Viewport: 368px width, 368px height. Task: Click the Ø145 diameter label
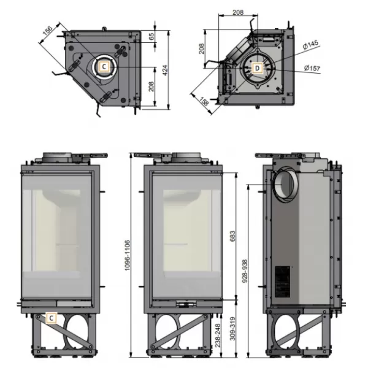[x=311, y=44]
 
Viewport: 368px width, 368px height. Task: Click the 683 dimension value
[x=232, y=236]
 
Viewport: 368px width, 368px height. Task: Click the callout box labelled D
[x=258, y=68]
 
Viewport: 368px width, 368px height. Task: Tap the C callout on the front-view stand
[x=52, y=318]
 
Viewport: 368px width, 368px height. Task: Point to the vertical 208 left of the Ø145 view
[x=202, y=48]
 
